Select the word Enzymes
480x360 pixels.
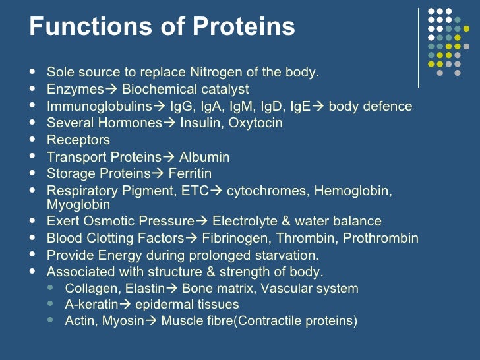click(x=75, y=89)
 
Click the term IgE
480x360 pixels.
click(x=296, y=106)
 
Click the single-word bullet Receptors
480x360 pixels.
click(x=78, y=140)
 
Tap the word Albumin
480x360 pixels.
click(x=204, y=158)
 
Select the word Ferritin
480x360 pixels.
click(x=190, y=174)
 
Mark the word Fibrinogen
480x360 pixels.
click(x=233, y=238)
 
